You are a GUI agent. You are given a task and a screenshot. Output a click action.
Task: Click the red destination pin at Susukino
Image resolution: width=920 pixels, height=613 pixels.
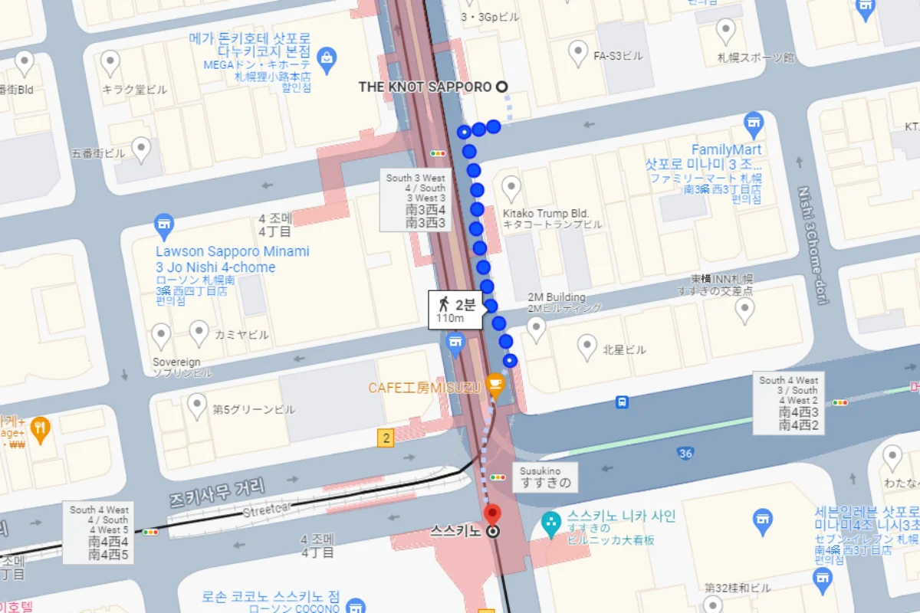coord(492,514)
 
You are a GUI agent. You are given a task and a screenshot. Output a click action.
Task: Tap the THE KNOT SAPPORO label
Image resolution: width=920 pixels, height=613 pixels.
coord(425,87)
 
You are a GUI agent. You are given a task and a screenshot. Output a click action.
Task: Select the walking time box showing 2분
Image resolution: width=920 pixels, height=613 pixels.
coord(455,310)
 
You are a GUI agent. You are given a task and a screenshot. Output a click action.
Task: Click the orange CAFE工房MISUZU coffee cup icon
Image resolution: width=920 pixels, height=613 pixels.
coord(495,383)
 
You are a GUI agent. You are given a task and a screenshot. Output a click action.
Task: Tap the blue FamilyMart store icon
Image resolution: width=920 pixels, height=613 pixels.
coord(754,123)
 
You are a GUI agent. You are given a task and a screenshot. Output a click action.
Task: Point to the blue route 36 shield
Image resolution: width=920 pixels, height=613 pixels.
coord(685,454)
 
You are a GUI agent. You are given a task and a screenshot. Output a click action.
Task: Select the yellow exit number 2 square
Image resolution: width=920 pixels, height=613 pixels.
coord(385,438)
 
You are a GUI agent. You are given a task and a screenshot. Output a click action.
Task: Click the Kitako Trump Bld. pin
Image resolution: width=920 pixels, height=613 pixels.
coord(511,186)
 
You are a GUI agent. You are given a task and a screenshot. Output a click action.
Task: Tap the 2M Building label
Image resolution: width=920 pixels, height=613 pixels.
coord(557,297)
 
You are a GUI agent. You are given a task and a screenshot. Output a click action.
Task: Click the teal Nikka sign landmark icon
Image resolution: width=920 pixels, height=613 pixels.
coord(550,523)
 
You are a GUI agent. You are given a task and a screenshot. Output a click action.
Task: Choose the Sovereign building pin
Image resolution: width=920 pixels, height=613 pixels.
coord(161,335)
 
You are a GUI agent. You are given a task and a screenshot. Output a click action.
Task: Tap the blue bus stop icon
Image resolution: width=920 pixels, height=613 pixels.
coord(622,402)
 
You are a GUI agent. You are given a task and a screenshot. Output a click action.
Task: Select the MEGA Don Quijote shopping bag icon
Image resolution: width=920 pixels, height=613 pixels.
coord(327,58)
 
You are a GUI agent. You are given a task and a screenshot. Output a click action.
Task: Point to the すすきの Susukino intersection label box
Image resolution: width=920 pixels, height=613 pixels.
coord(545,477)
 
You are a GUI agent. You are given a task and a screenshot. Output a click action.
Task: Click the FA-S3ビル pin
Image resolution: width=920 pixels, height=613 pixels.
coord(578,52)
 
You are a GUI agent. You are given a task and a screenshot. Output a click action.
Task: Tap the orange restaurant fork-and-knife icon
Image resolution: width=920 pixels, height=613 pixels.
coord(40,428)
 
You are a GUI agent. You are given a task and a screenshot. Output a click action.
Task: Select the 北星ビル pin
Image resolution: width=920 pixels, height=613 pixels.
coord(586,346)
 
